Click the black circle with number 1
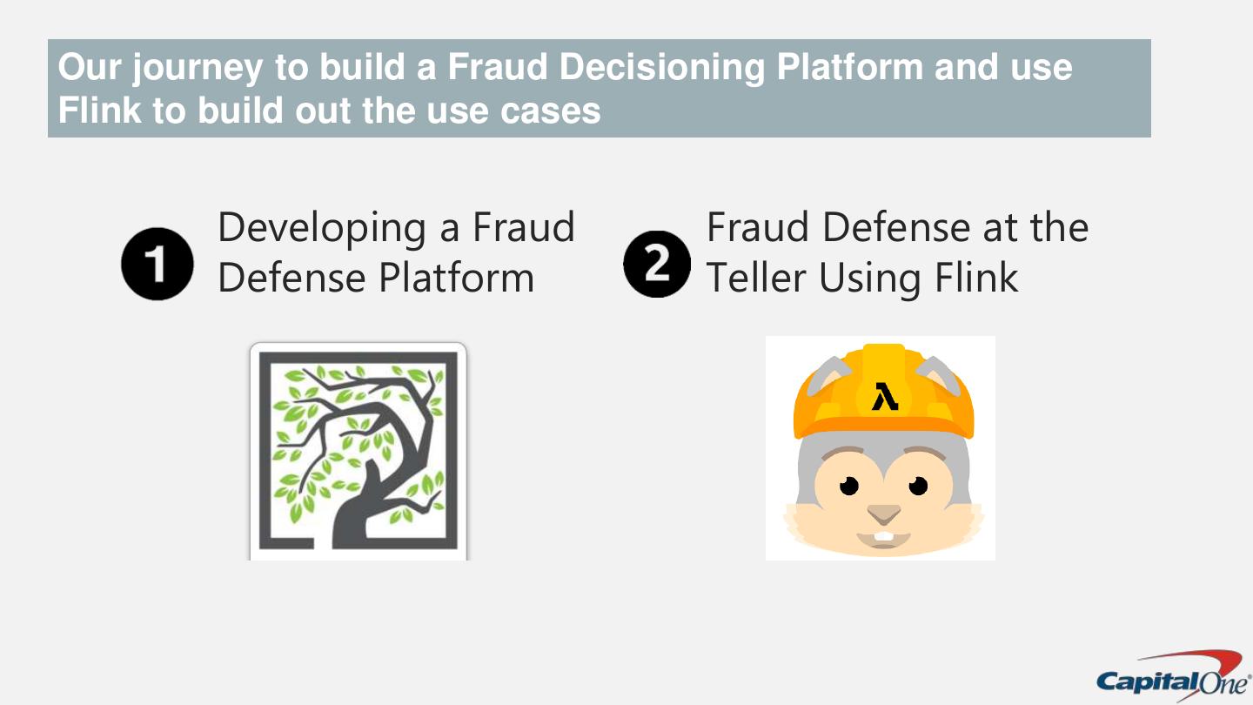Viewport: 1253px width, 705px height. (x=157, y=265)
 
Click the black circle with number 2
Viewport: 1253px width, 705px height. (x=658, y=264)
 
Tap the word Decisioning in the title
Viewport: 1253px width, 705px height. (x=661, y=68)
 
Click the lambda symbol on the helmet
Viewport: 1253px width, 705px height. (x=884, y=396)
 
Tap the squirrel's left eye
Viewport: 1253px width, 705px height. (x=849, y=484)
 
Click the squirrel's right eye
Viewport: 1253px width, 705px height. (x=918, y=484)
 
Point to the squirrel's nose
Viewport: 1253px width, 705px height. (x=884, y=512)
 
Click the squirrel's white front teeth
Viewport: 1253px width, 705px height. (x=884, y=534)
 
